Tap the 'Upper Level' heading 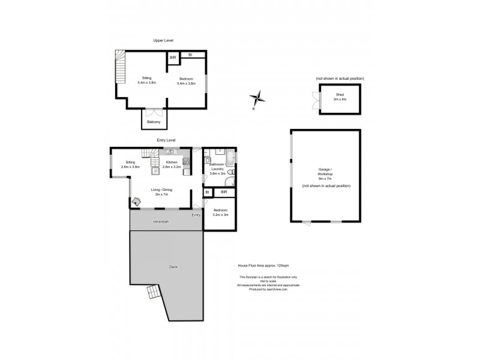(x=163, y=41)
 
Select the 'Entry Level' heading (x=166, y=140)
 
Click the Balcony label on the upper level (x=154, y=122)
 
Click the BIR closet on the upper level (x=173, y=58)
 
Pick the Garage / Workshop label (x=326, y=173)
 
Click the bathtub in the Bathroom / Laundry (x=232, y=160)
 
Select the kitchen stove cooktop (x=186, y=161)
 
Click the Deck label (x=173, y=266)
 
